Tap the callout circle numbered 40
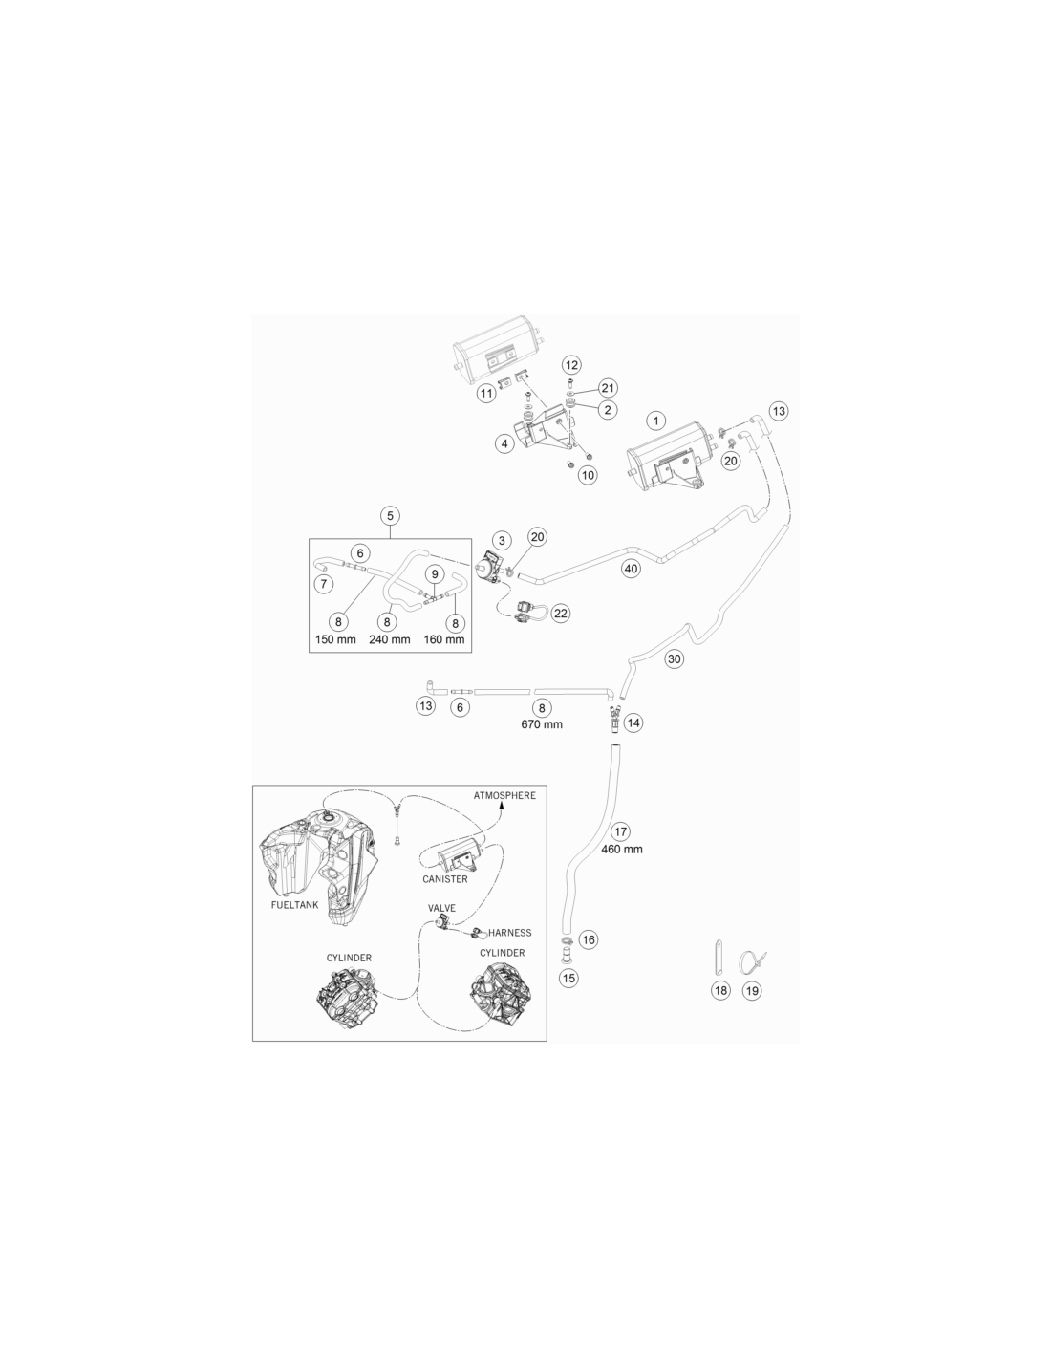tap(632, 569)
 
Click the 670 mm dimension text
tap(542, 724)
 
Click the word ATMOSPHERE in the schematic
tap(504, 795)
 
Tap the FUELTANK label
tap(294, 905)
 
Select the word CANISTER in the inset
tap(445, 878)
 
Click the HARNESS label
tap(509, 933)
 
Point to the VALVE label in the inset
tap(441, 908)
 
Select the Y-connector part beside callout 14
tap(612, 718)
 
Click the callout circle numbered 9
tap(435, 574)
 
